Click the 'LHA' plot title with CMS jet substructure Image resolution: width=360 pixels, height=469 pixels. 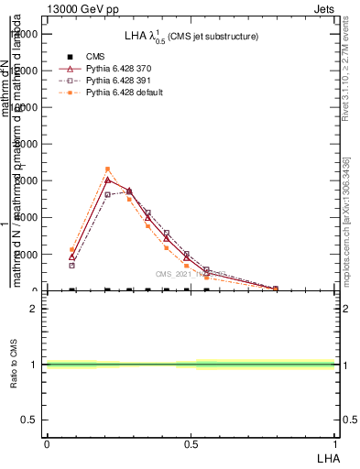191,37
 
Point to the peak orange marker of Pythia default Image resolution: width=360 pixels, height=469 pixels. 107,169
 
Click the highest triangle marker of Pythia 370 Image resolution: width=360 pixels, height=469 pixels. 107,180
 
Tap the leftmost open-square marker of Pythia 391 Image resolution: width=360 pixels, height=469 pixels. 71,266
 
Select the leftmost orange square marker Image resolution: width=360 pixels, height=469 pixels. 71,249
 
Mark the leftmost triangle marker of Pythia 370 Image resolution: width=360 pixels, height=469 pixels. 71,257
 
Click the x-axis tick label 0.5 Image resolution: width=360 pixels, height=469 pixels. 190,443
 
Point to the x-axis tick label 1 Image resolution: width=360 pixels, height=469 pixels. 334,443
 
